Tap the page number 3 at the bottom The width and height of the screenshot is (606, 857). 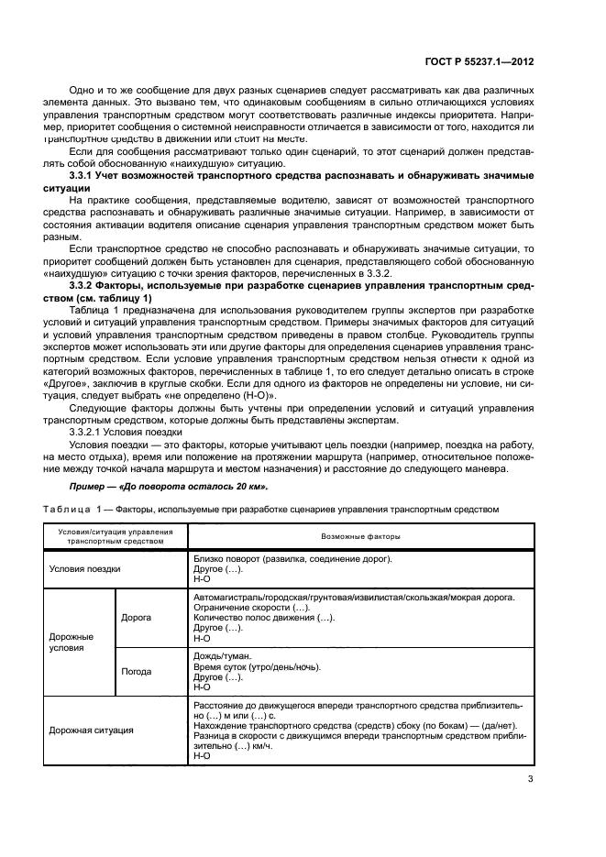[x=531, y=780]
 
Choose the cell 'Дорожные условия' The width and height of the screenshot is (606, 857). [x=71, y=641]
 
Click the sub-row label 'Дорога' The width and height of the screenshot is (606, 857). [x=136, y=617]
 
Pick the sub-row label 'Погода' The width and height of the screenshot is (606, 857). [x=137, y=670]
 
